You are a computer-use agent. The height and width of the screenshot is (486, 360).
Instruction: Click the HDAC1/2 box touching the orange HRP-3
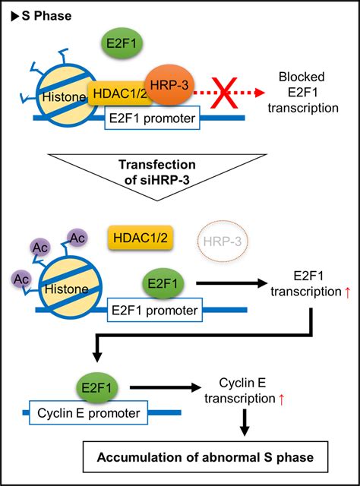[x=114, y=93]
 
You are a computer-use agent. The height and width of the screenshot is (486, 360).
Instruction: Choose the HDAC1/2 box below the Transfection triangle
[x=137, y=238]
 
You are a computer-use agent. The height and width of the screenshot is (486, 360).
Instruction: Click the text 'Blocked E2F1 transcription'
[x=306, y=93]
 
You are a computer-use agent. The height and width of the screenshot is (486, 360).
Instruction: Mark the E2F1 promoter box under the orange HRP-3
[x=155, y=117]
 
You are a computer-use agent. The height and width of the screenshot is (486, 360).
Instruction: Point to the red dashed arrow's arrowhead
[x=260, y=93]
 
